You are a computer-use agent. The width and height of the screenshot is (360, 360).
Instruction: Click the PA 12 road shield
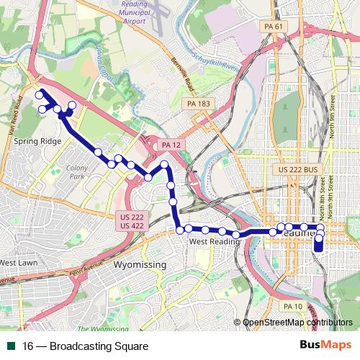tap(170, 145)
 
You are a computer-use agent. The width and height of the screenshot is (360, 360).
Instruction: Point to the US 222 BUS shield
tap(297, 169)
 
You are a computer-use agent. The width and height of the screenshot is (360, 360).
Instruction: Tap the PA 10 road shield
tap(292, 307)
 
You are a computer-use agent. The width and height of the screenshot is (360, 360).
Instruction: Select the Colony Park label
tap(76, 171)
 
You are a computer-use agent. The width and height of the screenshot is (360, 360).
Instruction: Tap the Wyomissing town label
tap(140, 265)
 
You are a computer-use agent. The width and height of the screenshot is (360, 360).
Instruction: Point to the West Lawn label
tap(18, 262)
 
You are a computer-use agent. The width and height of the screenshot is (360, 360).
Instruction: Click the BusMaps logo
tap(325, 346)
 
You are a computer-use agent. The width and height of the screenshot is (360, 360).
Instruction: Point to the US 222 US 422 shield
tap(131, 221)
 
